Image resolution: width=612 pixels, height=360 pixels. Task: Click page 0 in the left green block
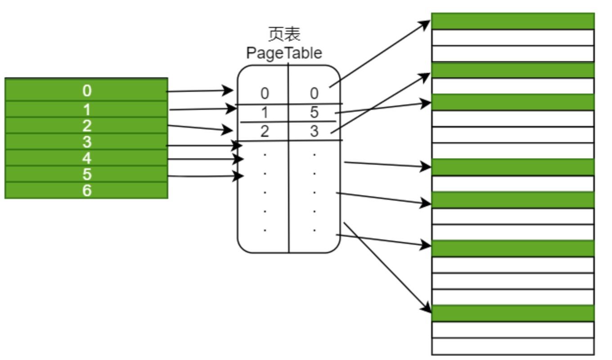[86, 90]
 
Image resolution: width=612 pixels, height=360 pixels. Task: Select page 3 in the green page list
[86, 142]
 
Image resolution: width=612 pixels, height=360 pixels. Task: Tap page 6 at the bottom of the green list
[86, 190]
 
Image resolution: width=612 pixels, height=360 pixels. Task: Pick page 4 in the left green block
[86, 158]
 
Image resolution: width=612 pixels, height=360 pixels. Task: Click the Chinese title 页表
[284, 34]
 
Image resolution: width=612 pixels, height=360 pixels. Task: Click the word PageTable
[284, 53]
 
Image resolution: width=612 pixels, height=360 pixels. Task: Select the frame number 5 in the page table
[314, 112]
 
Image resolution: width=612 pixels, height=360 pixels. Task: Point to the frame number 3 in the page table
[314, 131]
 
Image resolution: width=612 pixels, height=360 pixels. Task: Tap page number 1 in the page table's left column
[264, 112]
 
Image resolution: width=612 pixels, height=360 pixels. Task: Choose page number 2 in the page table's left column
[264, 131]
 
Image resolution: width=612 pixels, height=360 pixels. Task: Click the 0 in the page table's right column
[314, 93]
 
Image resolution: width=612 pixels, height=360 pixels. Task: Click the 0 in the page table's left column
[264, 93]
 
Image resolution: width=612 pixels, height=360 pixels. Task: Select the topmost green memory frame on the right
[513, 21]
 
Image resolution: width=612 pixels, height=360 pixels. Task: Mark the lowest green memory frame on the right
[513, 313]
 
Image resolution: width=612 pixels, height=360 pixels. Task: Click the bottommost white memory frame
[513, 346]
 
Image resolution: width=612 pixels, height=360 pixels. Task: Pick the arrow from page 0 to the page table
[198, 91]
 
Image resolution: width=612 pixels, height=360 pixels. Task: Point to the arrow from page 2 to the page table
[198, 128]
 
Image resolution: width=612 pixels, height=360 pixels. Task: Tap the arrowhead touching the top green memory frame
[425, 24]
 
